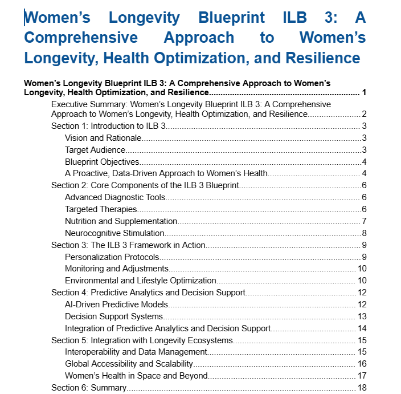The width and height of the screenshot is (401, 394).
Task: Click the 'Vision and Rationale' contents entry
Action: coord(103,138)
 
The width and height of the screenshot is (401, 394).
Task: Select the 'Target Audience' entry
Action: coord(95,150)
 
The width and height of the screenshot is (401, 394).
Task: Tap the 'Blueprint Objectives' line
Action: coord(102,162)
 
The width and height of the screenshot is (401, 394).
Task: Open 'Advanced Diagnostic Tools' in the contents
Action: coord(115,197)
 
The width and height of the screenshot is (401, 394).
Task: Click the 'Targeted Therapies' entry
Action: coord(101,209)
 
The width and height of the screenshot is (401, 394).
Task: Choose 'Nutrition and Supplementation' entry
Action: coord(121,221)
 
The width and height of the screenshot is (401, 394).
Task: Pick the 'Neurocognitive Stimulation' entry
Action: coord(114,233)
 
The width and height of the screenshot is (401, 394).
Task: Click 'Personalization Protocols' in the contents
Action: coord(112,257)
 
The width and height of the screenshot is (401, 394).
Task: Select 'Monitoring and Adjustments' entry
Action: coord(117,269)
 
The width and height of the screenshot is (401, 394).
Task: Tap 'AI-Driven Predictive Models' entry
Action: coord(116,304)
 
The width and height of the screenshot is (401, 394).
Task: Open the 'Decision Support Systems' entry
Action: coord(114,316)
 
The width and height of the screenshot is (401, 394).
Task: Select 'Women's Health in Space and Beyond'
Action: coord(136,376)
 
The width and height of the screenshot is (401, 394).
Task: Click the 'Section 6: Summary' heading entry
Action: coord(88,388)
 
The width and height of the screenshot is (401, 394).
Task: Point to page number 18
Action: coord(362,388)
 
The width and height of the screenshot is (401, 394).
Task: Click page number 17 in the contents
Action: coord(362,376)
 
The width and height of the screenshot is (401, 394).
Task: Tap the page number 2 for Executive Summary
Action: coord(363,114)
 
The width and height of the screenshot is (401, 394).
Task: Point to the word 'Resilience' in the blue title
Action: coord(315,58)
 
